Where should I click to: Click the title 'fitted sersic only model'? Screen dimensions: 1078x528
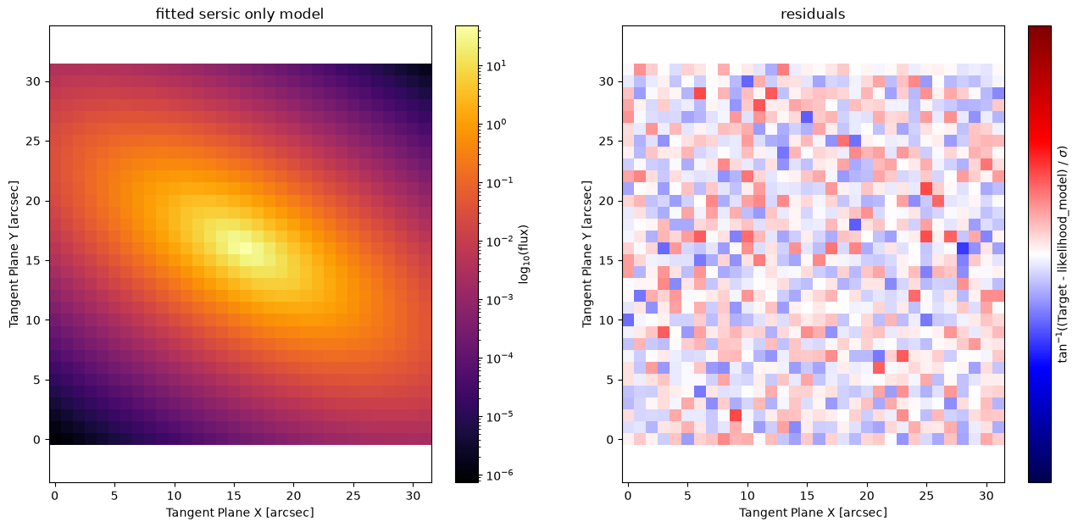coord(239,14)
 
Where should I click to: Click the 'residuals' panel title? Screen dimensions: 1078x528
coord(813,14)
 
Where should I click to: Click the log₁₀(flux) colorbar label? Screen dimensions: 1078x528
coord(524,254)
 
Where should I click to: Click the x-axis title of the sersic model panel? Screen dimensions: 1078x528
coord(240,513)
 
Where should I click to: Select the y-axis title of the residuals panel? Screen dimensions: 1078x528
coord(586,254)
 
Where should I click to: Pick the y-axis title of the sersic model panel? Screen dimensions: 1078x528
coord(14,254)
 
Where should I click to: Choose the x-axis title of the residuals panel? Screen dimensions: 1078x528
coord(813,513)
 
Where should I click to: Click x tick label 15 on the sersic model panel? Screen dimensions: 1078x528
coord(234,497)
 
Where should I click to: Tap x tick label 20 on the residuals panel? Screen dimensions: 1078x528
coord(867,497)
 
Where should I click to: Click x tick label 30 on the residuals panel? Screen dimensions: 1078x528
coord(986,497)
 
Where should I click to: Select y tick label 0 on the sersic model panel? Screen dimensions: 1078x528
coord(36,440)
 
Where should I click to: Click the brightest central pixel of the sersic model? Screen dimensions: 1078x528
coord(246,248)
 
